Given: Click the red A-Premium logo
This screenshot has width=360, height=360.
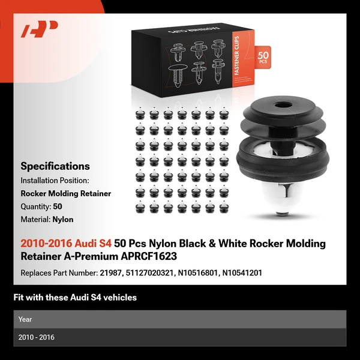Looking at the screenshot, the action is pyautogui.click(x=40, y=29).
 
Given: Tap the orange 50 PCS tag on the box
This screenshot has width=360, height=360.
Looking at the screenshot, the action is pyautogui.click(x=263, y=57).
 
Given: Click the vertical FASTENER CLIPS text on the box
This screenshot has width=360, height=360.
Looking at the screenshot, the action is pyautogui.click(x=237, y=55).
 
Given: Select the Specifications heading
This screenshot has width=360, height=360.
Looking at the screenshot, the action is pyautogui.click(x=55, y=166).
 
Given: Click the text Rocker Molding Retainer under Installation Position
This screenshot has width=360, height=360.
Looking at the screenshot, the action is pyautogui.click(x=66, y=194).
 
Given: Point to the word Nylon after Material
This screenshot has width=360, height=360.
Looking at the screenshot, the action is pyautogui.click(x=63, y=220).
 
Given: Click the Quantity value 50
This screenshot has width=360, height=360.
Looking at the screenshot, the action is pyautogui.click(x=58, y=206).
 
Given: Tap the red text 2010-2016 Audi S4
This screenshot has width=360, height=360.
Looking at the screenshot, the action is pyautogui.click(x=66, y=244).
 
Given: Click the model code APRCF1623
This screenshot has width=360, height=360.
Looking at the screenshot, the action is pyautogui.click(x=149, y=256).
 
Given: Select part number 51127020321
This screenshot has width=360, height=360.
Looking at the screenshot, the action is pyautogui.click(x=149, y=273).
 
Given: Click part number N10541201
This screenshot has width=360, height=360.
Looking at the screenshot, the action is pyautogui.click(x=242, y=273).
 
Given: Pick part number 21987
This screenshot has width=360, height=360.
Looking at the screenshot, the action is pyautogui.click(x=110, y=273).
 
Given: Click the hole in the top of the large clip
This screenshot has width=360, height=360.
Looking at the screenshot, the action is pyautogui.click(x=283, y=106).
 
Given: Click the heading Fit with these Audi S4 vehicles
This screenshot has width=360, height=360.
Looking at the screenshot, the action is pyautogui.click(x=75, y=298).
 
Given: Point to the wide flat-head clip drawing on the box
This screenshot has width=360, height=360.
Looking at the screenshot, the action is pyautogui.click(x=178, y=75).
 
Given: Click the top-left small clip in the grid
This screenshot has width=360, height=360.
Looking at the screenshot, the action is pyautogui.click(x=140, y=113).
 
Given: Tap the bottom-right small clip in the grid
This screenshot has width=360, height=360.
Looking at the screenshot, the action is pyautogui.click(x=224, y=207).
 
